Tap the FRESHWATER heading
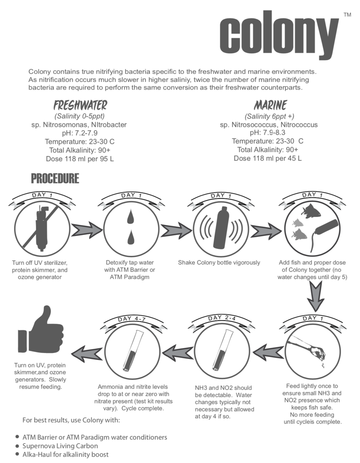(80, 105)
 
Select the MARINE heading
(270, 105)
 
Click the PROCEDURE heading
(55, 179)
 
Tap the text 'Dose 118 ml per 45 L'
(268, 158)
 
